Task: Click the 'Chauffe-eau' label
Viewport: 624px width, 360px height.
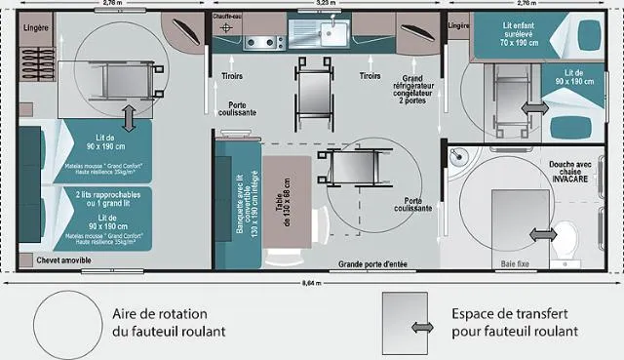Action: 230,16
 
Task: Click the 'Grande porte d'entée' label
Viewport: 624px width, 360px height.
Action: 371,264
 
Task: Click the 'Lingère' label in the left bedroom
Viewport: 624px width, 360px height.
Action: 36,28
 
